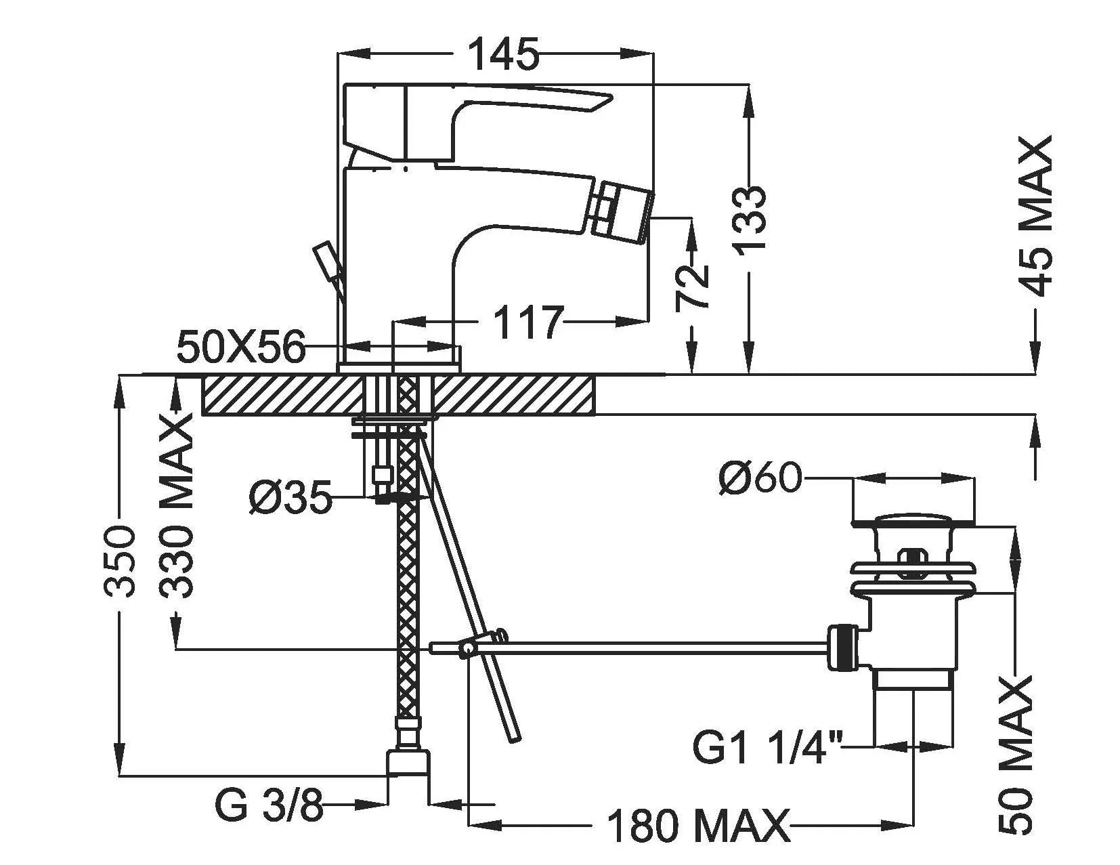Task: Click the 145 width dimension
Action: [x=504, y=54]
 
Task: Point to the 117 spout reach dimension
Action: [x=528, y=322]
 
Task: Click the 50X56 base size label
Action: [x=241, y=348]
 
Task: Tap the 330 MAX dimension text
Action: [x=177, y=507]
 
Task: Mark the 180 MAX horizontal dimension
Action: [x=697, y=826]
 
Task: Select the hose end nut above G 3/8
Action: [x=409, y=761]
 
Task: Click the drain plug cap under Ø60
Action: [x=913, y=520]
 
